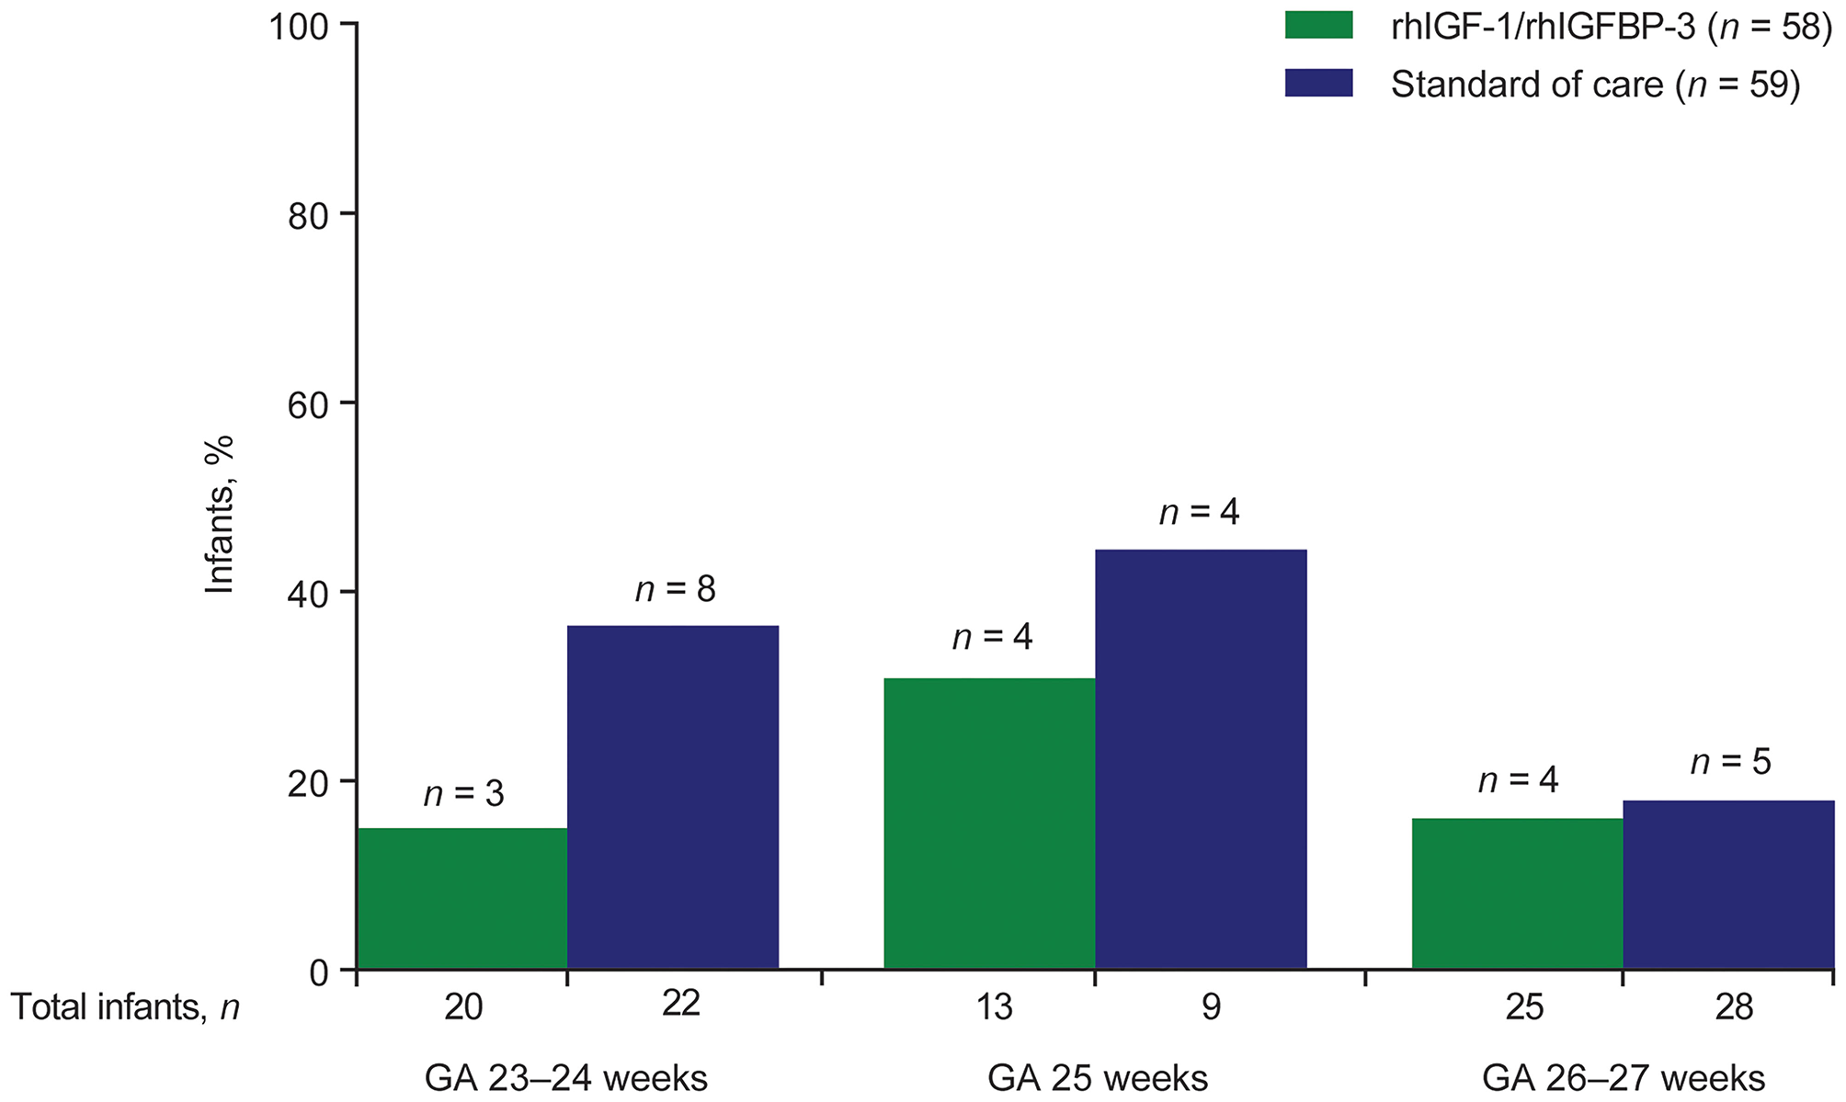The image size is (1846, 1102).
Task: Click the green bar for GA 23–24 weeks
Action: pyautogui.click(x=462, y=899)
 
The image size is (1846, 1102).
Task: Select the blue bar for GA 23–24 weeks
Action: pyautogui.click(x=673, y=798)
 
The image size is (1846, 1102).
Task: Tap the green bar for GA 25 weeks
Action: pyautogui.click(x=989, y=824)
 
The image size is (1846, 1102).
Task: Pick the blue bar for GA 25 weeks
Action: pyautogui.click(x=1201, y=759)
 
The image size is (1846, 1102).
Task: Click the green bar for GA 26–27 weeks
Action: pyautogui.click(x=1517, y=893)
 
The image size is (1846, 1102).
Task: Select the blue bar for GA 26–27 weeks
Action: pyautogui.click(x=1728, y=884)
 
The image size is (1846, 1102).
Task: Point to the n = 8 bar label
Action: pyautogui.click(x=675, y=589)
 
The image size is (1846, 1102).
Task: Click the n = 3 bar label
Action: pyautogui.click(x=463, y=793)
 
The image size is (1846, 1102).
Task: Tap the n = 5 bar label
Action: pyautogui.click(x=1730, y=762)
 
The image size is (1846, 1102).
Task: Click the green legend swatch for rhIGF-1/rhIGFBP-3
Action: pyautogui.click(x=1318, y=26)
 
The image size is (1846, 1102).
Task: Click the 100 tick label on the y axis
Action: pyautogui.click(x=299, y=26)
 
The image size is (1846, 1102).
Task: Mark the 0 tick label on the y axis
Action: pyautogui.click(x=319, y=971)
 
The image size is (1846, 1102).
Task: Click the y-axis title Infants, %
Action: pyautogui.click(x=220, y=515)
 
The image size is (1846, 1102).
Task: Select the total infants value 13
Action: pyautogui.click(x=993, y=1007)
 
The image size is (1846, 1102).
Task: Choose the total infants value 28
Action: pyautogui.click(x=1734, y=1007)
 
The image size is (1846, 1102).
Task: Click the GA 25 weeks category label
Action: pyautogui.click(x=1098, y=1077)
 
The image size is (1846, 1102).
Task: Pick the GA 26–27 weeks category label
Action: pyautogui.click(x=1624, y=1077)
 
